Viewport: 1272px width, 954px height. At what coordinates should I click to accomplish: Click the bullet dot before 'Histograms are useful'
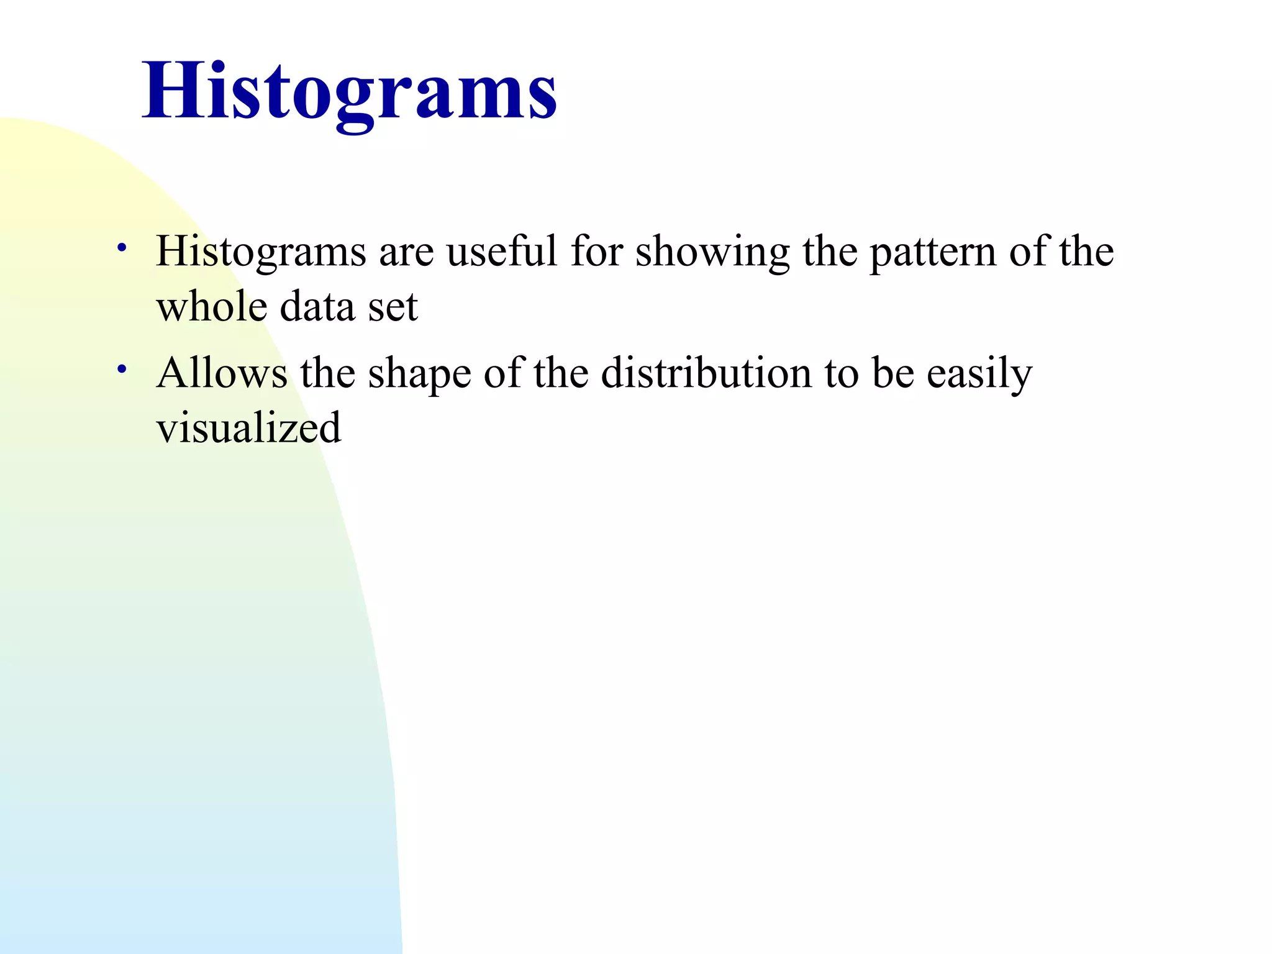coord(122,248)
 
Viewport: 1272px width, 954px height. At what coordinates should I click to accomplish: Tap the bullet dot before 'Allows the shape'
coord(122,370)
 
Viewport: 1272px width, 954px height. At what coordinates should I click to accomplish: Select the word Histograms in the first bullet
coord(261,252)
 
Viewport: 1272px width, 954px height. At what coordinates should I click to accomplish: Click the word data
coord(317,307)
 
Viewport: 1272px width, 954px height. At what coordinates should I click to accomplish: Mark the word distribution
coord(706,373)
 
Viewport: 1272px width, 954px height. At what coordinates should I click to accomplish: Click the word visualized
coord(248,429)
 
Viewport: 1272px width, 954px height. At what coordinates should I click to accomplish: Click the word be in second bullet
coord(893,373)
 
